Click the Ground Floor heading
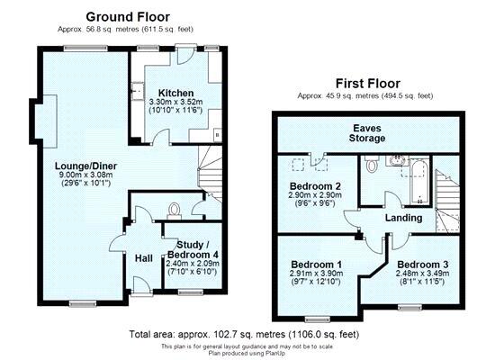(x=128, y=17)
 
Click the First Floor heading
(x=368, y=84)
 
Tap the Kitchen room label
(x=175, y=94)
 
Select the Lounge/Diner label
(x=85, y=166)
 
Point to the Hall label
(x=144, y=258)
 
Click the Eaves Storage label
(x=367, y=133)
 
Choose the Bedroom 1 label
(x=316, y=265)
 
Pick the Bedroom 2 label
(x=315, y=185)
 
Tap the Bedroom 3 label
(x=423, y=265)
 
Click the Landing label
(x=404, y=218)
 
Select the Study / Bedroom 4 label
(x=193, y=249)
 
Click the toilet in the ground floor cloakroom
(x=174, y=211)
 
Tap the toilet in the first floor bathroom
(x=372, y=163)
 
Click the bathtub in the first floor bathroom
(x=419, y=181)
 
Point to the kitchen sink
(x=138, y=91)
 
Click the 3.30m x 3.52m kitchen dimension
(x=175, y=102)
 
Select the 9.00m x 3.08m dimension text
(x=85, y=175)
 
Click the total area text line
(x=244, y=334)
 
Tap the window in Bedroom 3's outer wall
(x=409, y=307)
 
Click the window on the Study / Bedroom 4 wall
(x=191, y=292)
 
